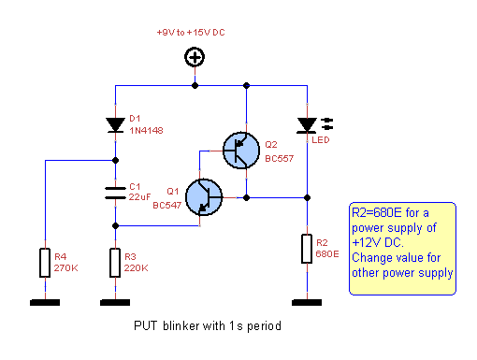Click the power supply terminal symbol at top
(195, 59)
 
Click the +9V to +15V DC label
(191, 33)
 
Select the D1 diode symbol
(115, 124)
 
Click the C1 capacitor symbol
(115, 193)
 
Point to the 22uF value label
(140, 197)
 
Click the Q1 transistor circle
(204, 197)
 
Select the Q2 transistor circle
(243, 150)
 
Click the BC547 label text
(166, 205)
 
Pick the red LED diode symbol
(306, 124)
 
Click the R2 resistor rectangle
(306, 250)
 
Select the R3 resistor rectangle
(115, 262)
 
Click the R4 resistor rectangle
(45, 262)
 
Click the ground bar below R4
(45, 302)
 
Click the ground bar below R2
(306, 302)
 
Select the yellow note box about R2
(401, 241)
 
